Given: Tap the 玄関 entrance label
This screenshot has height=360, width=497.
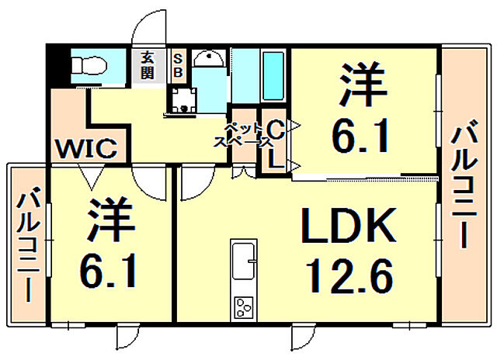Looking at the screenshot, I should pyautogui.click(x=148, y=64).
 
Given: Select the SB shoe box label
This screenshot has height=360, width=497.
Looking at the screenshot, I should pyautogui.click(x=177, y=64).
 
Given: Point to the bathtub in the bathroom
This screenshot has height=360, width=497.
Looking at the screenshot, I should pyautogui.click(x=273, y=74).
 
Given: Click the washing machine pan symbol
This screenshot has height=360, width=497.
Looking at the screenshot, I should pyautogui.click(x=184, y=100).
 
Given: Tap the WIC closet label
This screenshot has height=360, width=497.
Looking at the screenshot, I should pyautogui.click(x=85, y=147).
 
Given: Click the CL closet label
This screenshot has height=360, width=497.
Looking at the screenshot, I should pyautogui.click(x=275, y=144).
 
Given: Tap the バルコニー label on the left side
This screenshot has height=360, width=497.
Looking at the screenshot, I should pyautogui.click(x=28, y=244).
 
